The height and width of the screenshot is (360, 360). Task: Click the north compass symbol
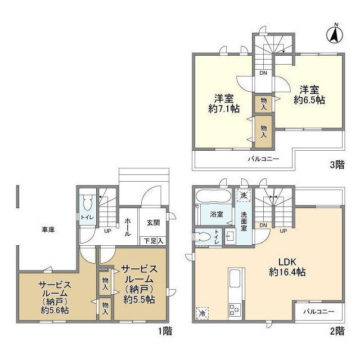tap(335, 34)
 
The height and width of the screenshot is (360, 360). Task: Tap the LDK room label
tap(287, 262)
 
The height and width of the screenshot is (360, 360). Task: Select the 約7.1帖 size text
tap(224, 109)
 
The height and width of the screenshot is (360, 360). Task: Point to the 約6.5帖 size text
tap(309, 100)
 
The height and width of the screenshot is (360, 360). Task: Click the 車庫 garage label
tap(48, 229)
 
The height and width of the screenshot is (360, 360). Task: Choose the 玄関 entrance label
tap(153, 223)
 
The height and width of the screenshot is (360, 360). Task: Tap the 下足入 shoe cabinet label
tap(154, 241)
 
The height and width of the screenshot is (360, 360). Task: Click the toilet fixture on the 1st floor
tap(87, 202)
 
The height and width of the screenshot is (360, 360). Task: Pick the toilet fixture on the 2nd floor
tap(202, 236)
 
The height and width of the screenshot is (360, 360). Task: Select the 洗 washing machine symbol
tap(244, 195)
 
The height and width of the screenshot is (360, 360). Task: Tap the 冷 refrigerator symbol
tap(202, 313)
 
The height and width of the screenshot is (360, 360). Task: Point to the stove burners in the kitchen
tap(235, 309)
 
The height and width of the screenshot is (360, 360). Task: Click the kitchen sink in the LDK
tap(235, 278)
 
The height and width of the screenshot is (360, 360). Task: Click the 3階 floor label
tap(337, 165)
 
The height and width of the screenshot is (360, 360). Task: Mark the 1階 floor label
tap(165, 331)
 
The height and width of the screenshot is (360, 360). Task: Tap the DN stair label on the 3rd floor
tap(263, 73)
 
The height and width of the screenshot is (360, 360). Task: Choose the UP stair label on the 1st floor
tap(107, 231)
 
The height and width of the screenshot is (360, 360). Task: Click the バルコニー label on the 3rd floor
tap(263, 159)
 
